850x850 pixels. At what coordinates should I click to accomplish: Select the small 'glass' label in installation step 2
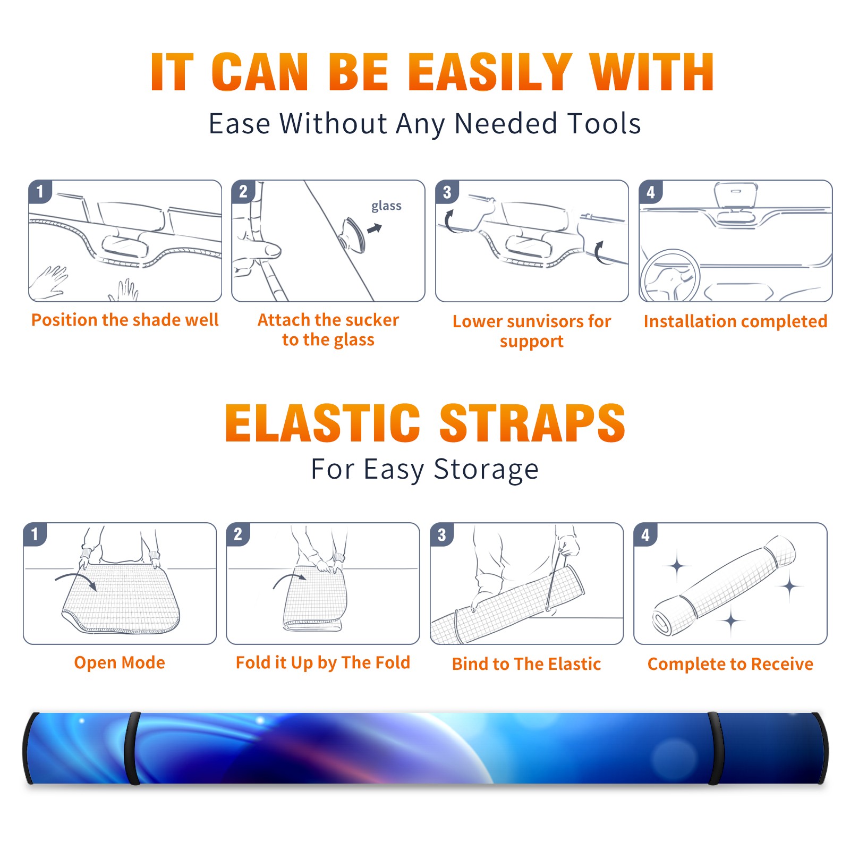pos(386,206)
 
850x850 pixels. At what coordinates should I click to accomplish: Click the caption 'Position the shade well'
pos(125,320)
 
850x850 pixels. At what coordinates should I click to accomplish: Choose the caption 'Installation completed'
pos(735,321)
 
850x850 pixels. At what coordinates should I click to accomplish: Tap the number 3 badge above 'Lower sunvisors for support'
pos(447,192)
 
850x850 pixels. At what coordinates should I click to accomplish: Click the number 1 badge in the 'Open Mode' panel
pos(35,534)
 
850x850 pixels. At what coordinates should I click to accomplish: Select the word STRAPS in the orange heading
pos(532,423)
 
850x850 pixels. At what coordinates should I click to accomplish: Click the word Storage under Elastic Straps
pos(486,470)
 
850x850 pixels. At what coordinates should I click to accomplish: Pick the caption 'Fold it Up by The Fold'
pos(323,662)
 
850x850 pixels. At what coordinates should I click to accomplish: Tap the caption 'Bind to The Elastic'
pos(526,664)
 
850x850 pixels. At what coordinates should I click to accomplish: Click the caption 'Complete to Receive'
pos(730,664)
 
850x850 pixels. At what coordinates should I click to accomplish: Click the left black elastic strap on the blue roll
pos(133,748)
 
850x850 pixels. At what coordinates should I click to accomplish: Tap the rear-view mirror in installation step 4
pos(735,195)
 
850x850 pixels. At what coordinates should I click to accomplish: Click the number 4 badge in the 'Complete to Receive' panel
pos(645,534)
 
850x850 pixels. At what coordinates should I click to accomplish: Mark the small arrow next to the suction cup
pos(375,228)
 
